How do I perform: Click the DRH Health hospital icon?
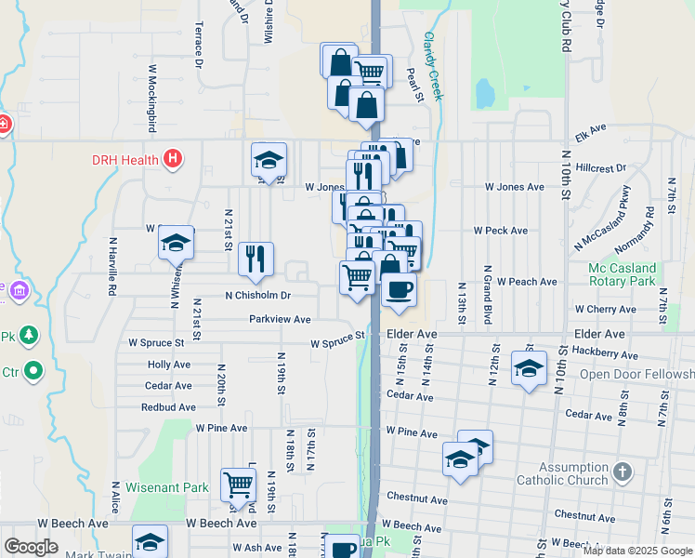click(172, 159)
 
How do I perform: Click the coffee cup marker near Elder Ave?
click(399, 290)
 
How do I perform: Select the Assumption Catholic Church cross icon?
click(623, 472)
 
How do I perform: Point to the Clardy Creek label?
click(434, 66)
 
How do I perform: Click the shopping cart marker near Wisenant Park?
click(239, 485)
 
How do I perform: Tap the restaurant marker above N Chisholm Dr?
click(256, 259)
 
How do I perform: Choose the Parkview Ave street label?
click(280, 319)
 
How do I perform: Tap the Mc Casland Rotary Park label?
click(636, 275)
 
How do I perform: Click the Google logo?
click(31, 547)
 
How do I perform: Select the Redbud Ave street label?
click(168, 407)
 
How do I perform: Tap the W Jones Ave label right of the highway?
click(516, 187)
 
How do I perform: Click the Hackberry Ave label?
click(606, 354)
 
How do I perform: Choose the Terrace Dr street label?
click(198, 46)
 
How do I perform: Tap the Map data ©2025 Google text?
click(637, 551)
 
